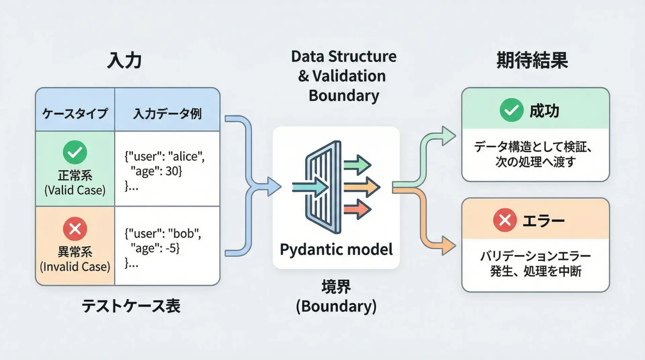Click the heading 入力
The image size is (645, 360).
pyautogui.click(x=124, y=61)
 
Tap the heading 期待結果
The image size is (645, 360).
pyautogui.click(x=532, y=60)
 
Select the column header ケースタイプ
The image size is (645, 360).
pyautogui.click(x=75, y=114)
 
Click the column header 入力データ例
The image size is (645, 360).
pyautogui.click(x=167, y=114)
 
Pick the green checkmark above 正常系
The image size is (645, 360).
pyautogui.click(x=75, y=152)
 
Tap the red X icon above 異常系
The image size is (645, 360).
pyautogui.click(x=75, y=229)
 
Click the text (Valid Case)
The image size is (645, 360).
pyautogui.click(x=75, y=190)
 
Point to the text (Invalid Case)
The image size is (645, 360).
pyautogui.click(x=75, y=267)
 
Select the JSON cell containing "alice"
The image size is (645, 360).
pyautogui.click(x=165, y=171)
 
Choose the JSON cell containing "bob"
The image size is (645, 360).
pyautogui.click(x=163, y=248)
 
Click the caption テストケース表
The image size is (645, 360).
pyautogui.click(x=131, y=306)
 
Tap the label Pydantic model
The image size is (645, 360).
pyautogui.click(x=336, y=250)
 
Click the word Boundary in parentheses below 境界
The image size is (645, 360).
pyautogui.click(x=336, y=306)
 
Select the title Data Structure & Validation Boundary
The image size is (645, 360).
pyautogui.click(x=344, y=76)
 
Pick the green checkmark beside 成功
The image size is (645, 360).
pyautogui.click(x=511, y=110)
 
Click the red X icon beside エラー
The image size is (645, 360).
pyautogui.click(x=505, y=220)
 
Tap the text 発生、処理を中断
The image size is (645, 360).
pyautogui.click(x=535, y=271)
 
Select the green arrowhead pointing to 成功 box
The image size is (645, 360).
pyautogui.click(x=448, y=136)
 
